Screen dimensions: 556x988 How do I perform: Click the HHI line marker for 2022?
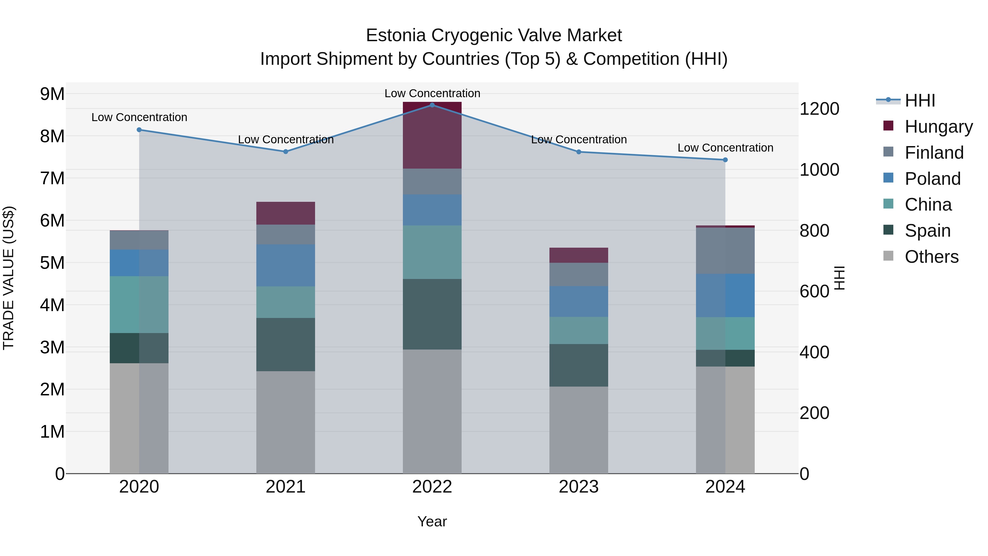coord(432,105)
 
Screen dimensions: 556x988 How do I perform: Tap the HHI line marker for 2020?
coord(139,130)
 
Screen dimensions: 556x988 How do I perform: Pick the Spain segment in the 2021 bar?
coord(285,344)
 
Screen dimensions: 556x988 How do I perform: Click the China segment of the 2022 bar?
coord(432,252)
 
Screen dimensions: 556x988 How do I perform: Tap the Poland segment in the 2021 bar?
coord(285,265)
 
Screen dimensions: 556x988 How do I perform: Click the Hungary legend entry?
coord(938,126)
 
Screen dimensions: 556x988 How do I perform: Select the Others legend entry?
coord(931,256)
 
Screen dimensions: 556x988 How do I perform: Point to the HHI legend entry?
coord(920,100)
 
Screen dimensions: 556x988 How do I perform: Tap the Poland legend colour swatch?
coord(888,178)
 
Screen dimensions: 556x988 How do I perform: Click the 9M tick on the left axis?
coord(52,94)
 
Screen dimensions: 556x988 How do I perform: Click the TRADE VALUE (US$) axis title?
coord(9,278)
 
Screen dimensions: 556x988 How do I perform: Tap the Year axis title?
coord(432,521)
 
